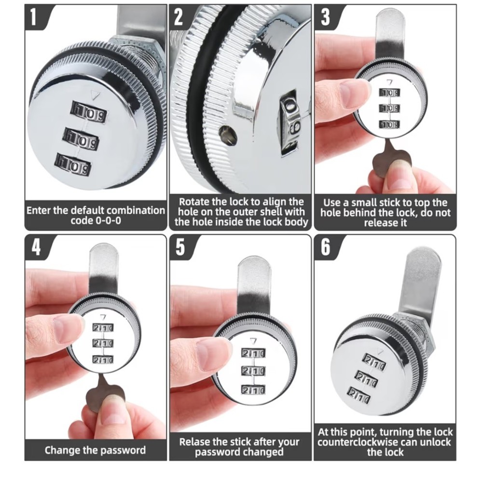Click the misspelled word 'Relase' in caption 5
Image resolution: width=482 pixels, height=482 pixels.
194,442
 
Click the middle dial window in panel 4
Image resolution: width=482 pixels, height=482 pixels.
102,343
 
